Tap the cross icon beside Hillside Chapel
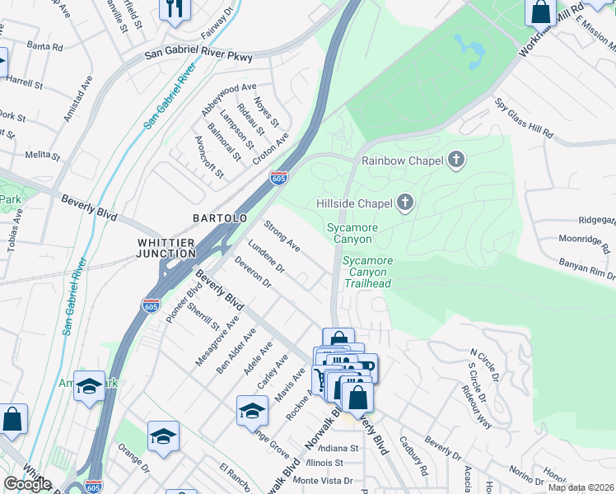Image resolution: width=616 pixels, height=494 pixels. [x=404, y=202]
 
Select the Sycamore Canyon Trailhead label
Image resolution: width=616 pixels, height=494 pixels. [x=367, y=272]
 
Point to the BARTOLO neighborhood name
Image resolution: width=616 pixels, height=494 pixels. [x=220, y=218]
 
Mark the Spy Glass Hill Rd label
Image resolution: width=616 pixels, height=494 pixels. [x=524, y=119]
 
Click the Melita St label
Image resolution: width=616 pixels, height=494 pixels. [x=39, y=154]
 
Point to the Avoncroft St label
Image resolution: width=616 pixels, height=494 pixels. [x=208, y=157]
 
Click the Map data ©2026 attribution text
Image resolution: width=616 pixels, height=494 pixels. [x=581, y=487]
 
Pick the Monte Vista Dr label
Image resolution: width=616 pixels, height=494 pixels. [x=323, y=480]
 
